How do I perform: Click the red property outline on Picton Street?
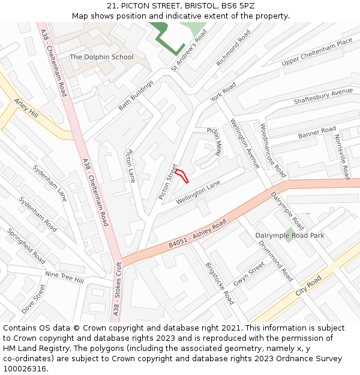click(x=182, y=176)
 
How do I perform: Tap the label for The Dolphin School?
click(x=101, y=57)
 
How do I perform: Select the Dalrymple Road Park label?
click(x=290, y=236)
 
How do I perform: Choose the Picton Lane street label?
click(x=130, y=166)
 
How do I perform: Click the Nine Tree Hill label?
click(x=65, y=276)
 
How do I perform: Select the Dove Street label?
click(x=34, y=299)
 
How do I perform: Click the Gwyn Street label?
click(x=249, y=273)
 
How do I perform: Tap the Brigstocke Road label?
click(x=220, y=283)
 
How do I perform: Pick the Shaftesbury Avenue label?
click(x=323, y=97)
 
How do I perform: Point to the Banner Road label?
click(x=317, y=133)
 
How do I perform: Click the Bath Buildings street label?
click(x=136, y=95)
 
